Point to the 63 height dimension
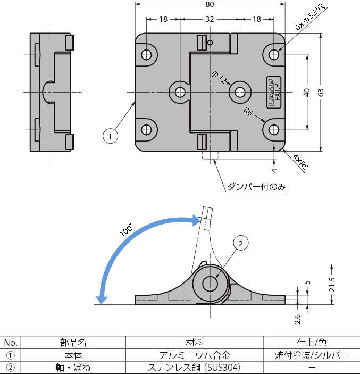tap(321, 92)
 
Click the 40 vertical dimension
tap(307, 92)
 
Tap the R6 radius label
tap(248, 112)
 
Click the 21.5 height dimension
tap(332, 287)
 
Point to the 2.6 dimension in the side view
tap(297, 319)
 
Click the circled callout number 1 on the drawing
tap(110, 136)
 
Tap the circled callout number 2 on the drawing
tap(240, 244)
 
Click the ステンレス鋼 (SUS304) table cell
tap(195, 367)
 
